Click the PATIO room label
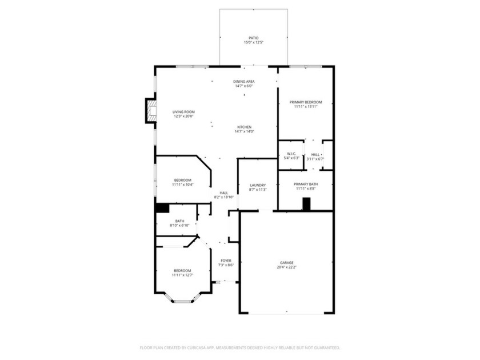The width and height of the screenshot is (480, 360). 253,38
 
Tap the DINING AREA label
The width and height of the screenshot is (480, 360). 244,82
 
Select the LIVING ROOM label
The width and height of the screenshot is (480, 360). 184,111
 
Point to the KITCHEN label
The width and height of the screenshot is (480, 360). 244,127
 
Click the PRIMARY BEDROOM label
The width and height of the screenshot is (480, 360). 305,102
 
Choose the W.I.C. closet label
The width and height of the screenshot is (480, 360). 291,154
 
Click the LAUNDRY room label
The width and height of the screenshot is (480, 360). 258,185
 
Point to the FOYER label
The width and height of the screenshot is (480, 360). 227,261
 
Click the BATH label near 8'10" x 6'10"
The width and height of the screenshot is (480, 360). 179,221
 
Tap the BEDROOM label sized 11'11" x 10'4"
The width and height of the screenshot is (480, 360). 183,180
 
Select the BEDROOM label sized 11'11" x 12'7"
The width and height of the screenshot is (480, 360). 183,270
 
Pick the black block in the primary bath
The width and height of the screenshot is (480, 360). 306,204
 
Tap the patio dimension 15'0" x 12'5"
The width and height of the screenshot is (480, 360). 253,43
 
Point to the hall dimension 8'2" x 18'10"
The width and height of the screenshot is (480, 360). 224,197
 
